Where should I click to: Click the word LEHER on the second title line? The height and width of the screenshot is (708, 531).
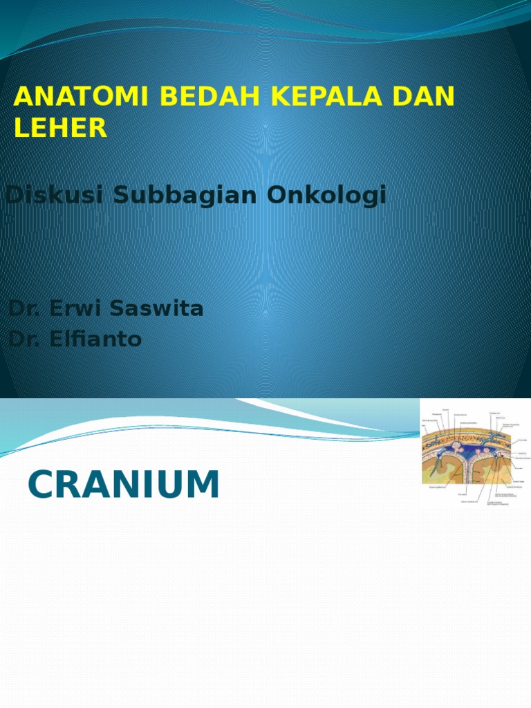[x=61, y=129]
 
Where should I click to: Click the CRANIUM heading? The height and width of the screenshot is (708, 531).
[x=124, y=485]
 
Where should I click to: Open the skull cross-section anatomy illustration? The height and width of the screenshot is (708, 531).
[x=475, y=454]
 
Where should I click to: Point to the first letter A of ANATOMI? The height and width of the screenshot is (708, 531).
[x=24, y=97]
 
